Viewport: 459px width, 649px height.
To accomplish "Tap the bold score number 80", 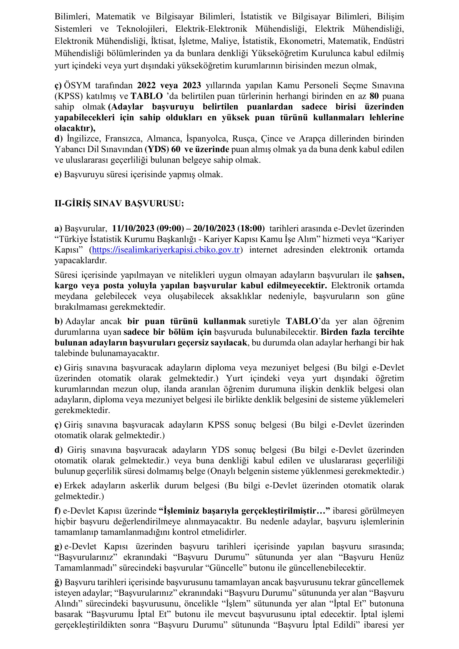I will (374, 96).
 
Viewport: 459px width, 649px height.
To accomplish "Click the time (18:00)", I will (251, 228).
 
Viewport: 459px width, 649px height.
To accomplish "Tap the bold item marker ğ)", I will (58, 582).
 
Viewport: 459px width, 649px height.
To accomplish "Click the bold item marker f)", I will (57, 511).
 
